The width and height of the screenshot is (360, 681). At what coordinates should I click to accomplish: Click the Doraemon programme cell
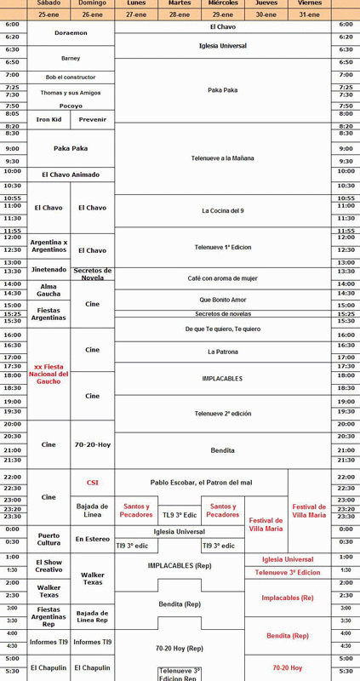71,31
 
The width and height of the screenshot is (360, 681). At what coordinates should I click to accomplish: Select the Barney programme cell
71,58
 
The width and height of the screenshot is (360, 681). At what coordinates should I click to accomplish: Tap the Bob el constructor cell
71,77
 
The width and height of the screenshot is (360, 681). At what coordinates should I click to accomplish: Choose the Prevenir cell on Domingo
92,119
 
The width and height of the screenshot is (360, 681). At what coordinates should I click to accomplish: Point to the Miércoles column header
222,3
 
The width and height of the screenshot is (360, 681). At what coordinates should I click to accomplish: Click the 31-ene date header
309,14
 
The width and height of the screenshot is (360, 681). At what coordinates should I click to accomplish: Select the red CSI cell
92,482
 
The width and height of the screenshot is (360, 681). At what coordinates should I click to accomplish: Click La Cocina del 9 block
222,210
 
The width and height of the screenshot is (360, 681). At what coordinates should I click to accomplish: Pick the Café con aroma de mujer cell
222,278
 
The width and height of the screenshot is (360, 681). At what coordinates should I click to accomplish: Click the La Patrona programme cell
222,351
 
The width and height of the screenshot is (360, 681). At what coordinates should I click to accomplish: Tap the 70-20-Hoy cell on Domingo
92,444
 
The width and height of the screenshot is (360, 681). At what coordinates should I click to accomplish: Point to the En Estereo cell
92,539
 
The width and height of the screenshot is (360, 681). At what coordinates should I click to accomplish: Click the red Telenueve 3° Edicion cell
288,572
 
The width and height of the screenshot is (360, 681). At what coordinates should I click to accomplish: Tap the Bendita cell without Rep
222,449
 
